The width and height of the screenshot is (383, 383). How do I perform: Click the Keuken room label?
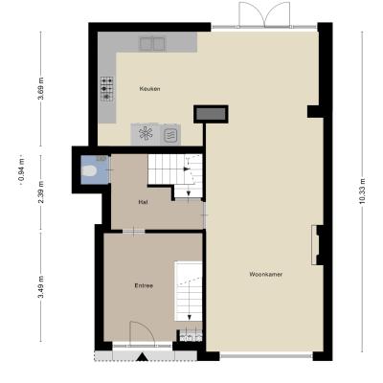click(x=149, y=89)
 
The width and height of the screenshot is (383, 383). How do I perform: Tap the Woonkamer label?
click(x=266, y=274)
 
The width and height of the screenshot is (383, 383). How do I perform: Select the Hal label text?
click(x=143, y=202)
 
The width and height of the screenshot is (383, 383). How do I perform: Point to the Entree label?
click(x=144, y=285)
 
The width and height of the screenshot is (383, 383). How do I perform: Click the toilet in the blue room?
click(x=89, y=171)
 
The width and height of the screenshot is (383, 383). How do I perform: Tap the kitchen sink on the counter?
click(x=152, y=44)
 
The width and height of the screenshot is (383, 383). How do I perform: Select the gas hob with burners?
click(x=107, y=89)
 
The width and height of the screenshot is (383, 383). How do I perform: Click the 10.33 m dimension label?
click(x=362, y=191)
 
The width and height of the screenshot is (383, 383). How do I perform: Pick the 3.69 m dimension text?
click(x=41, y=89)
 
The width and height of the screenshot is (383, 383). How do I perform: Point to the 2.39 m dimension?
click(x=41, y=192)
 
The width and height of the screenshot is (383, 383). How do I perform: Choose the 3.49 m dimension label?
click(x=41, y=287)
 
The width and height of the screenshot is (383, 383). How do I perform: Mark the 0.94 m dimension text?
click(x=22, y=172)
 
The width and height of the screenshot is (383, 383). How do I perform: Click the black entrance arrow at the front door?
click(x=142, y=357)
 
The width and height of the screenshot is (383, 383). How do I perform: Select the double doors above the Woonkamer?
click(x=264, y=14)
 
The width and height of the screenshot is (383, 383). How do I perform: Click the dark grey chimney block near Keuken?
click(x=211, y=114)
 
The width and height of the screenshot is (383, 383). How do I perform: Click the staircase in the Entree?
click(x=189, y=291)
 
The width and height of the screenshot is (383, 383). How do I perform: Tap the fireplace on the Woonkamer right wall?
click(x=316, y=245)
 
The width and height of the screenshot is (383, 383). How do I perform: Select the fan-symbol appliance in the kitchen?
click(x=146, y=134)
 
